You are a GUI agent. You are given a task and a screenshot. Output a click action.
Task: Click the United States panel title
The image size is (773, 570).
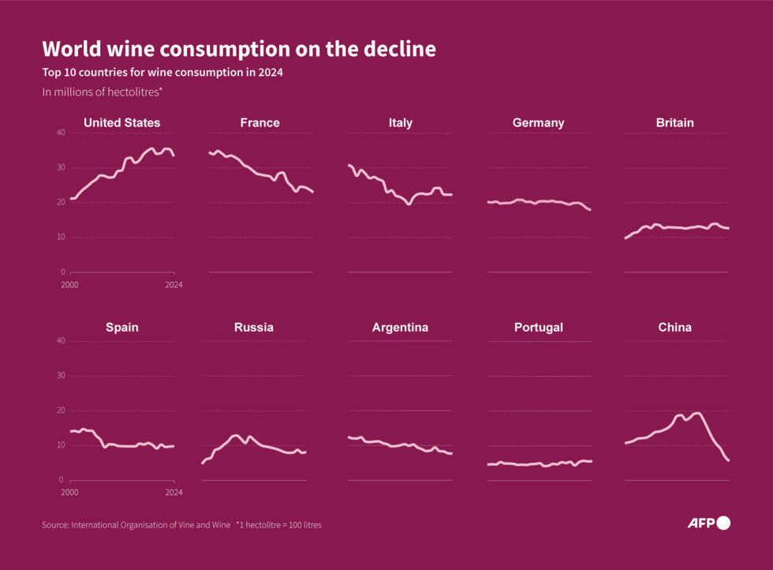pyautogui.click(x=121, y=122)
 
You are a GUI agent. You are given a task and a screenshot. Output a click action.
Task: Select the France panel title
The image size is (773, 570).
pyautogui.click(x=260, y=122)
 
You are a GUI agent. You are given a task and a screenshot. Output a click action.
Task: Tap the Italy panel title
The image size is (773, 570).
pyautogui.click(x=400, y=122)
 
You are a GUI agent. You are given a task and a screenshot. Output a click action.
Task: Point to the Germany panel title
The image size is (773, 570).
pyautogui.click(x=538, y=122)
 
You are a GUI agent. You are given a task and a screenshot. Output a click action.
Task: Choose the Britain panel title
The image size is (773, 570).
pyautogui.click(x=674, y=122)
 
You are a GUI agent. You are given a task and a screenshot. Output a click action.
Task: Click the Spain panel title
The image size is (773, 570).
pyautogui.click(x=121, y=327)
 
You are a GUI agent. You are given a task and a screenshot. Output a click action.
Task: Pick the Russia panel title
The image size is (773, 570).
pyautogui.click(x=254, y=327)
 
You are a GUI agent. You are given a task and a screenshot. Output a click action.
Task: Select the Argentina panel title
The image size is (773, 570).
pyautogui.click(x=400, y=327)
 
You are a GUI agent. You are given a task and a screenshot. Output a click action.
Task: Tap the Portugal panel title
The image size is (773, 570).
pyautogui.click(x=538, y=327)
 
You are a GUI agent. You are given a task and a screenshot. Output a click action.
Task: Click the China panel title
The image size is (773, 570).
pyautogui.click(x=674, y=327)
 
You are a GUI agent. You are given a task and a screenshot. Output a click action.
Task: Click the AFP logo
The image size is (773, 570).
pyautogui.click(x=708, y=523)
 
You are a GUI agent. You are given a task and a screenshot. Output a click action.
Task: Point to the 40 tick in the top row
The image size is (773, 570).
pyautogui.click(x=61, y=133)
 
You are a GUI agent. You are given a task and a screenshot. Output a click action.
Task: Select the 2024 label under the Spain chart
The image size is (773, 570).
pyautogui.click(x=173, y=492)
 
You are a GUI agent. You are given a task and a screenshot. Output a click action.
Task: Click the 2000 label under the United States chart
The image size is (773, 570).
pyautogui.click(x=70, y=284)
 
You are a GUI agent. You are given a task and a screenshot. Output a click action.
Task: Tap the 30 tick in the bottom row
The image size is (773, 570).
pyautogui.click(x=61, y=376)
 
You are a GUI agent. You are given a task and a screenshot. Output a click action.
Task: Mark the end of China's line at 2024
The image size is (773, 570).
pyautogui.click(x=728, y=460)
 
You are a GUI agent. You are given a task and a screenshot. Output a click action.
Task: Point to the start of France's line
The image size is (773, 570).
pyautogui.click(x=210, y=152)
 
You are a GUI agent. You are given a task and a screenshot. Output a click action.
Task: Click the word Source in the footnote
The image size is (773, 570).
pyautogui.click(x=55, y=525)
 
